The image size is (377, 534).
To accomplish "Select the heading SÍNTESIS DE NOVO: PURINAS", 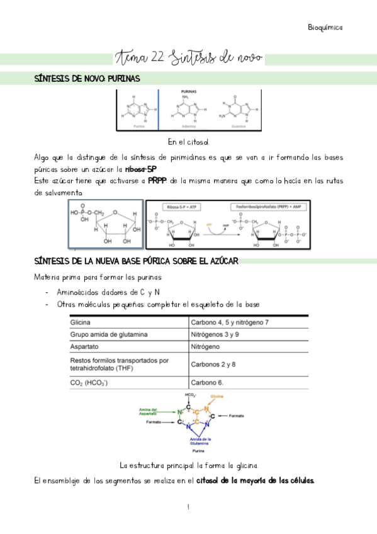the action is click(87, 79).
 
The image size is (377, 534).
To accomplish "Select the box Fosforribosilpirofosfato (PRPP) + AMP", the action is click(264, 206).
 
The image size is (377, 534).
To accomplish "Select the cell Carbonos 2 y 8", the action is click(213, 364).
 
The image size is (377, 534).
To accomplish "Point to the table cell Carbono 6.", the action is click(208, 382).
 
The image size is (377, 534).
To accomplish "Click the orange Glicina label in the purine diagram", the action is click(217, 396).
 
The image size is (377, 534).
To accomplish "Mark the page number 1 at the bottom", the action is click(188, 507).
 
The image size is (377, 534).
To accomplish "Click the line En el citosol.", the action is click(188, 142).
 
